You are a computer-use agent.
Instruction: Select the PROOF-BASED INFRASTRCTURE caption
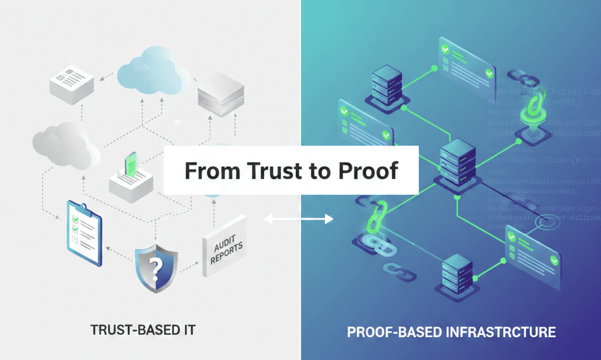(x=451, y=332)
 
